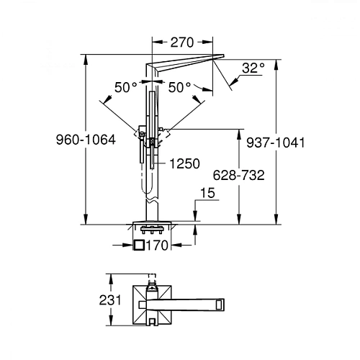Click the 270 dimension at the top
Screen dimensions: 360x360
pyautogui.click(x=182, y=42)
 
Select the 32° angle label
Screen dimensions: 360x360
pyautogui.click(x=253, y=68)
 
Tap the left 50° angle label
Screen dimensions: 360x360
pyautogui.click(x=126, y=87)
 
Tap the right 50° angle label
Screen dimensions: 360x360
pyautogui.click(x=179, y=87)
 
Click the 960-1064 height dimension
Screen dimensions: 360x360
pyautogui.click(x=86, y=140)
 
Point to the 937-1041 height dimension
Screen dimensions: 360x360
pyautogui.click(x=276, y=143)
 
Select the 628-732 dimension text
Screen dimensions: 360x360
pyautogui.click(x=238, y=175)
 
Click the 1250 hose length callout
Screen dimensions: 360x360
pyautogui.click(x=184, y=163)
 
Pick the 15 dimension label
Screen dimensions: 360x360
pyautogui.click(x=207, y=193)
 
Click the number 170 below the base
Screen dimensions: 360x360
pyautogui.click(x=157, y=246)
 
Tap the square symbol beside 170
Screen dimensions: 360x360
pyautogui.click(x=139, y=246)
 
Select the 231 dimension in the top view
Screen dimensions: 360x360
pyautogui.click(x=110, y=300)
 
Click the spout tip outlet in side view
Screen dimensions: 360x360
pyautogui.click(x=219, y=57)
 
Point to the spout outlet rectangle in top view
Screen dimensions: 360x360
pyautogui.click(x=220, y=305)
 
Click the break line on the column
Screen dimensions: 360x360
pyautogui.click(x=152, y=201)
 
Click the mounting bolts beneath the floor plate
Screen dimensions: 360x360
pyautogui.click(x=152, y=230)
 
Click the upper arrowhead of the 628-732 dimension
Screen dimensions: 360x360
pyautogui.click(x=239, y=135)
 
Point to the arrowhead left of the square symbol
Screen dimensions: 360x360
pyautogui.click(x=128, y=246)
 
